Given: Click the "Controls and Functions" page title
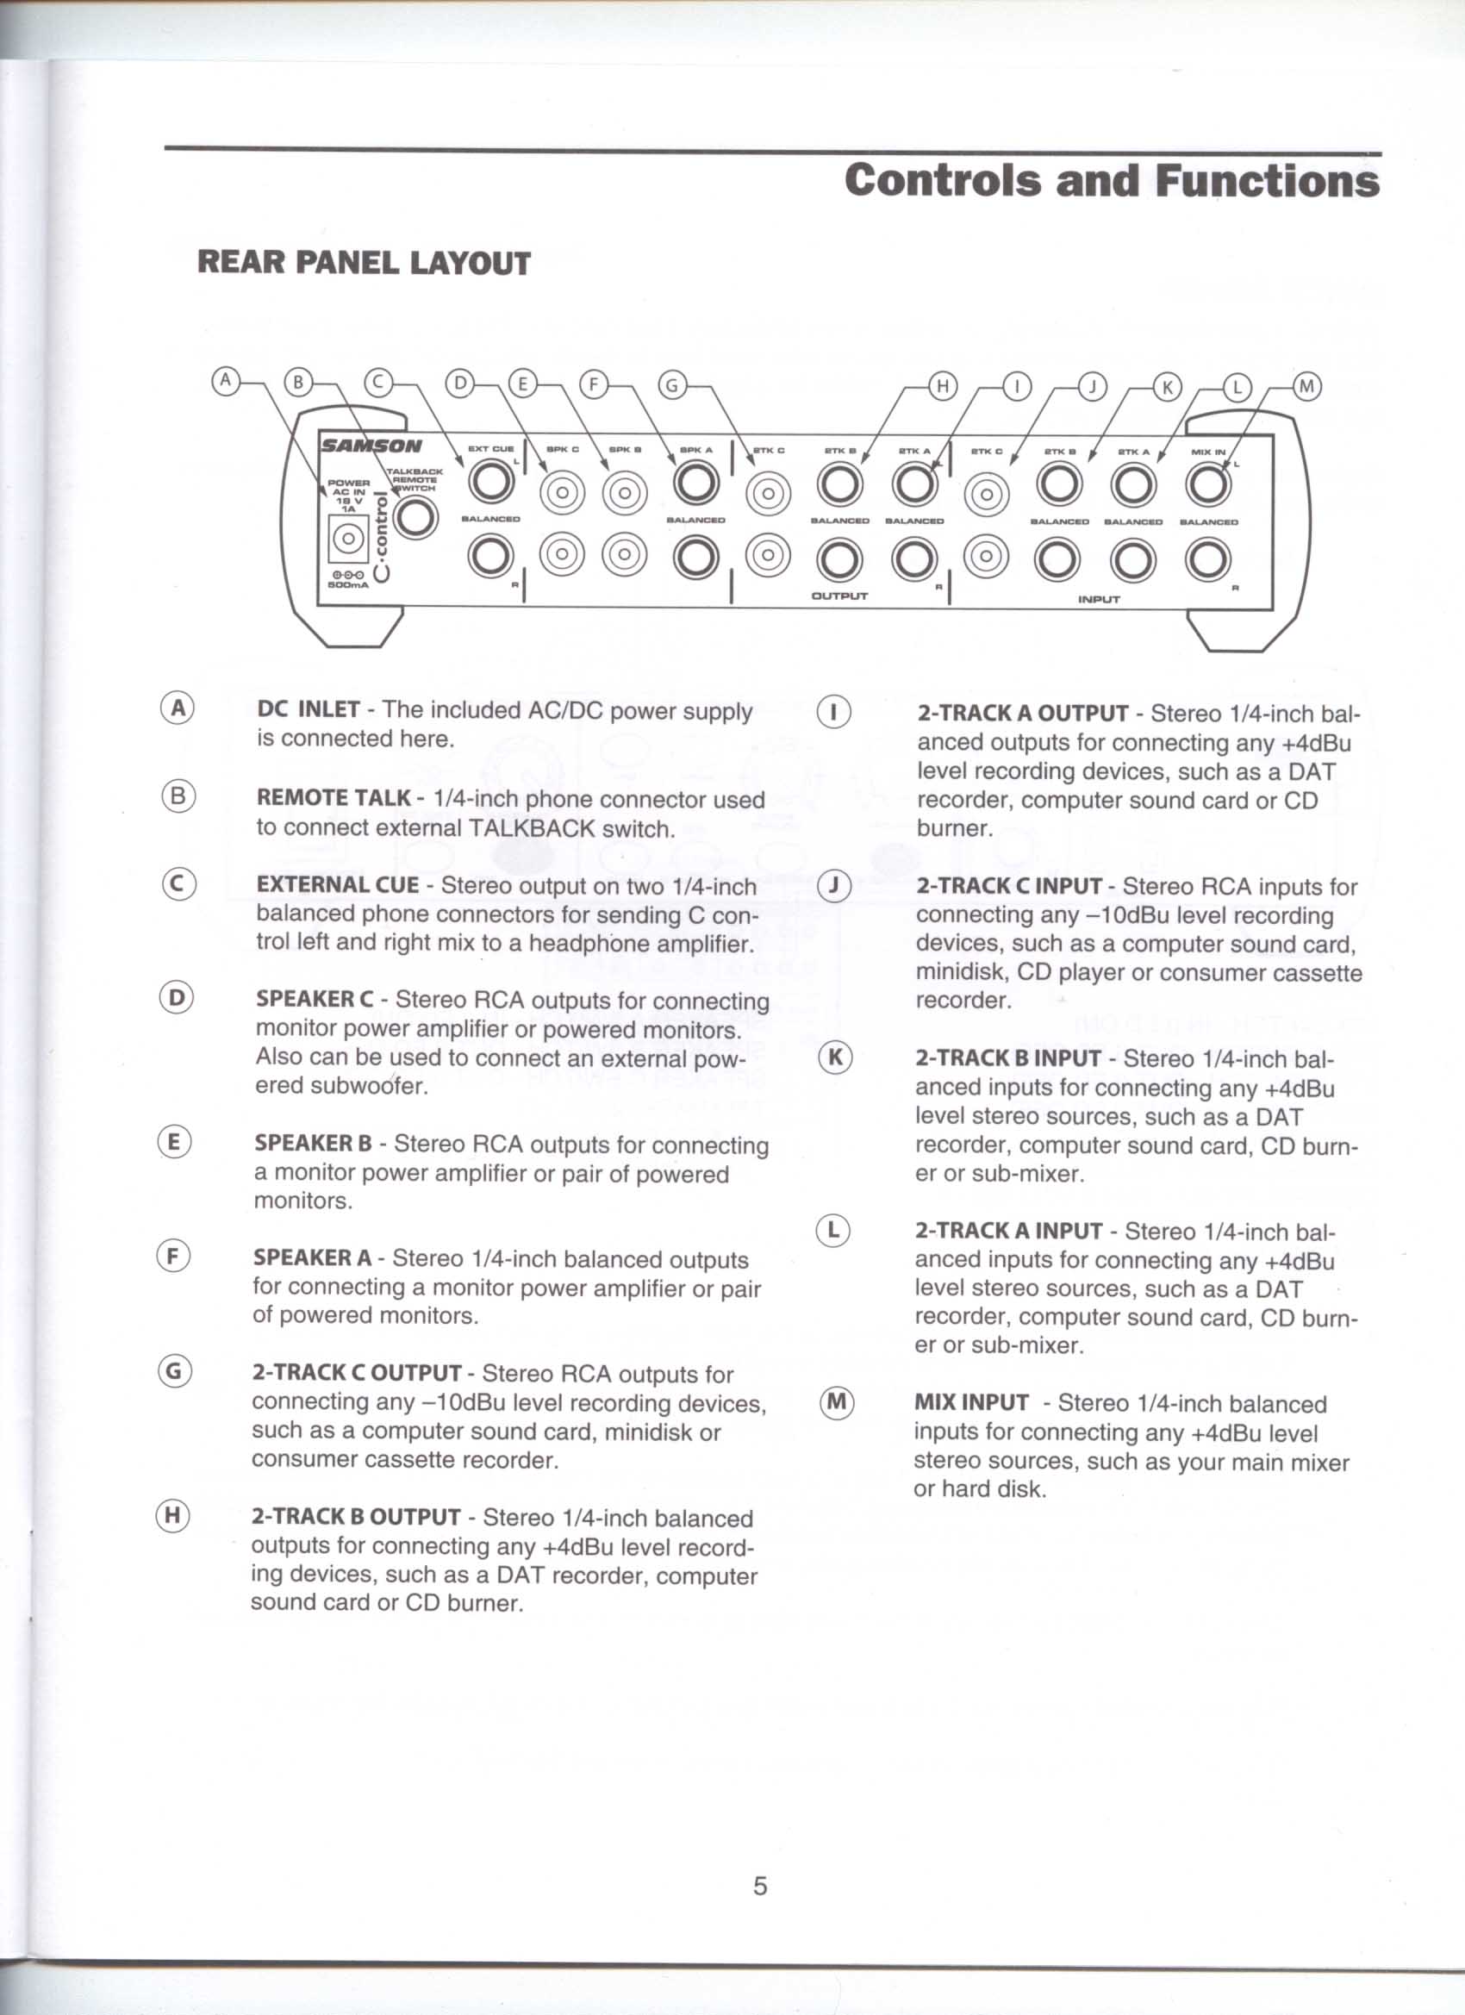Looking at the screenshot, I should point(1112,180).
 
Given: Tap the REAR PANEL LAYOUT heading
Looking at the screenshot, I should point(364,263).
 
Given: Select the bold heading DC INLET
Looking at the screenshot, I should point(309,710).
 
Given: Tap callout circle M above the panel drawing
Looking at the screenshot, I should point(1306,386).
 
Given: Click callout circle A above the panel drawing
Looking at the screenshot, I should point(226,381).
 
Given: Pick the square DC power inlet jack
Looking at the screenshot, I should point(348,539).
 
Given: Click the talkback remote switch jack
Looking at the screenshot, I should point(415,517).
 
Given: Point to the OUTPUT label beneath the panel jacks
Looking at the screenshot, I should point(838,596).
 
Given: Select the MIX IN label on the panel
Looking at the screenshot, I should point(1208,452).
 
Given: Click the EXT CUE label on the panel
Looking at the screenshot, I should point(491,450).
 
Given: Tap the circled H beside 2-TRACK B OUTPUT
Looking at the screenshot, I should point(172,1516).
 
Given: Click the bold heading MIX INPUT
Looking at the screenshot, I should point(971,1403).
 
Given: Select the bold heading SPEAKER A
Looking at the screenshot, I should point(313,1258).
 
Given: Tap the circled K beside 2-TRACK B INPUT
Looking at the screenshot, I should point(834,1058).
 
